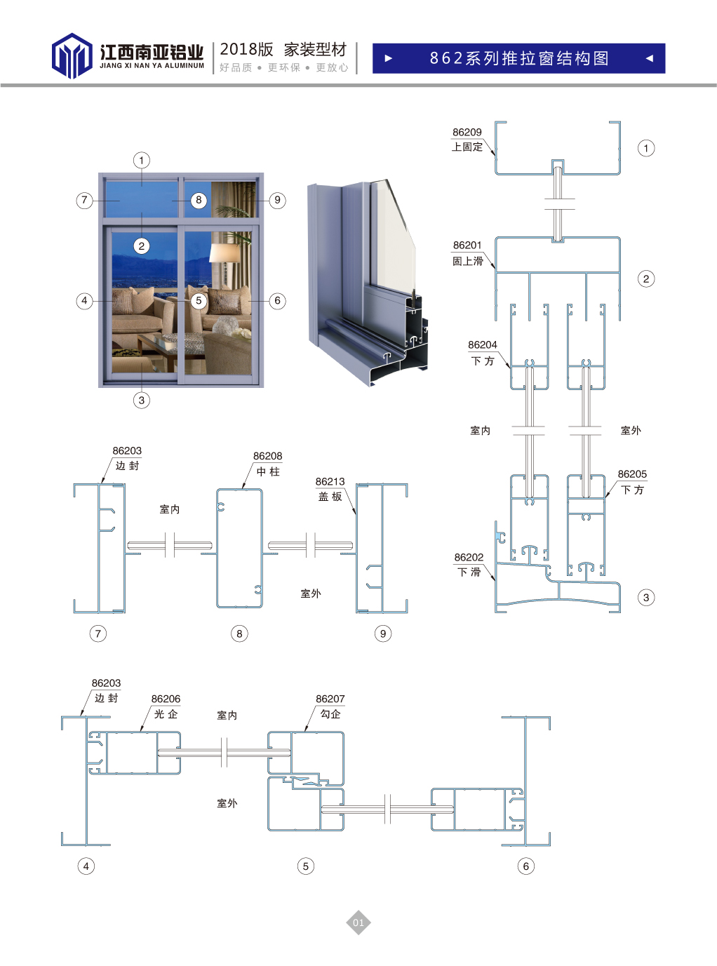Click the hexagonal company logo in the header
click(72, 55)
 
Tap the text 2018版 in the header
click(246, 50)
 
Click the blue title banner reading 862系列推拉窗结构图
click(518, 58)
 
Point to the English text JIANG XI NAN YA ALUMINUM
click(152, 66)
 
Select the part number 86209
click(467, 132)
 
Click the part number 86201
click(467, 246)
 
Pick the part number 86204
click(482, 345)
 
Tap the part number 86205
click(632, 474)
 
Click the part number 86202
click(469, 557)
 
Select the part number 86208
click(267, 456)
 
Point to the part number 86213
click(330, 482)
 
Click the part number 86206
click(166, 699)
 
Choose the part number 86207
click(330, 699)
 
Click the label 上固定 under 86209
click(467, 147)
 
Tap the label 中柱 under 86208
click(268, 471)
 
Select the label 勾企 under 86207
click(330, 714)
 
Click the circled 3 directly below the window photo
click(141, 401)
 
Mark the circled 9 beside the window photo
click(278, 201)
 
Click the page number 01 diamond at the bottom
click(358, 923)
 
